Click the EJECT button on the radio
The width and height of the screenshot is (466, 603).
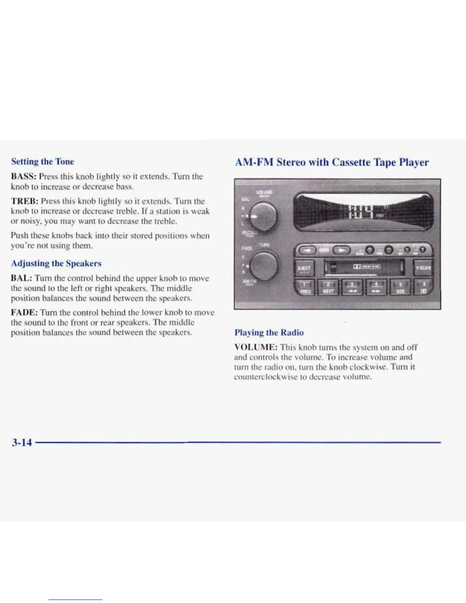coord(304,268)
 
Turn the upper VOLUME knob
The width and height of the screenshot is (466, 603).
coord(263,215)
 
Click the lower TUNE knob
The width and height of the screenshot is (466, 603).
coord(264,265)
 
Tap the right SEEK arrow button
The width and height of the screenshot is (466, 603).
coord(342,250)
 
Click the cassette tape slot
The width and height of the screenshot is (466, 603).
coord(363,268)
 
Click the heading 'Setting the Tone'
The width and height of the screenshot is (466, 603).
coord(43,161)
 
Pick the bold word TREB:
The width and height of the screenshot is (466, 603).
coord(25,201)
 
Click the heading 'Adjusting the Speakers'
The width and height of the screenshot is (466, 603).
coord(56,263)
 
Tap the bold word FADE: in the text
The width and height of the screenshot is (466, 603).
coord(24,313)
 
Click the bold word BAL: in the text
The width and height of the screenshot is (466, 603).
coord(22,278)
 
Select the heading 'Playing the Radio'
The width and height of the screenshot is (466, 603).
coord(269,332)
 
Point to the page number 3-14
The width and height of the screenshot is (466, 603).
coord(22,442)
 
